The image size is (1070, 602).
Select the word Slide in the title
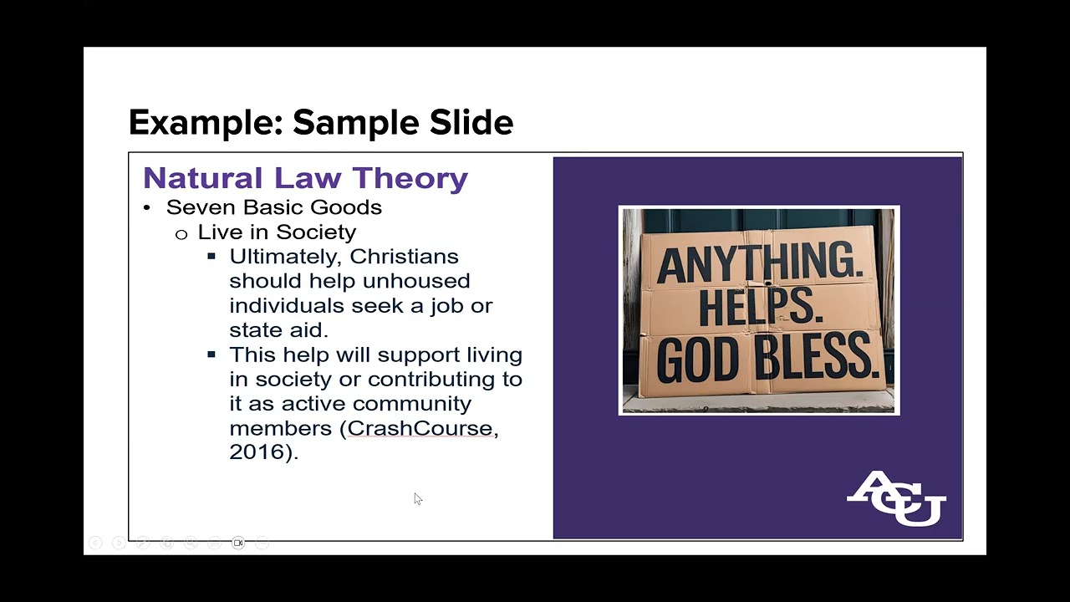471,122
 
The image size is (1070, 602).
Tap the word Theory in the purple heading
410,178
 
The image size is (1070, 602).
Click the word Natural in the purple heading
203,178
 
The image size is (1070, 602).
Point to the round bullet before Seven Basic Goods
146,208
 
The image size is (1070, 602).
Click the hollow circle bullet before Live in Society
181,234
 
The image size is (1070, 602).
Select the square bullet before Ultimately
211,257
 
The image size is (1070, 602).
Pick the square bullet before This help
211,355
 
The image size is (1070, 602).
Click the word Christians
404,257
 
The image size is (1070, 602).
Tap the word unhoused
416,281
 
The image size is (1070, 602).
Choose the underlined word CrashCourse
420,428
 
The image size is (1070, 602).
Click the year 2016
257,452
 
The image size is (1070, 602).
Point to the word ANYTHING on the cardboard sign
760,262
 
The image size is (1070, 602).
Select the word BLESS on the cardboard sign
818,357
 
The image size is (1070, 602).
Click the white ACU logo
896,498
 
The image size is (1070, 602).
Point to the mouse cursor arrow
417,498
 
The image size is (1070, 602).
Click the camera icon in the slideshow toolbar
238,543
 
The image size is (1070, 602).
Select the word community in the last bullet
412,404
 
